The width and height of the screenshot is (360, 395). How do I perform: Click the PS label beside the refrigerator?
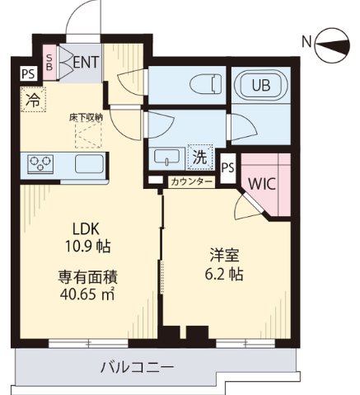coord(28,73)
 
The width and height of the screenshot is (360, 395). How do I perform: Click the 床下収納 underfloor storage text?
coord(85,117)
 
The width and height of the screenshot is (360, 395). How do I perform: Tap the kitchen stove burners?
coord(40,162)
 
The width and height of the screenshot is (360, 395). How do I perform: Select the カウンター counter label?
coord(191,181)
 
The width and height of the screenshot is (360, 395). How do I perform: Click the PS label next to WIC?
coord(228,166)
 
